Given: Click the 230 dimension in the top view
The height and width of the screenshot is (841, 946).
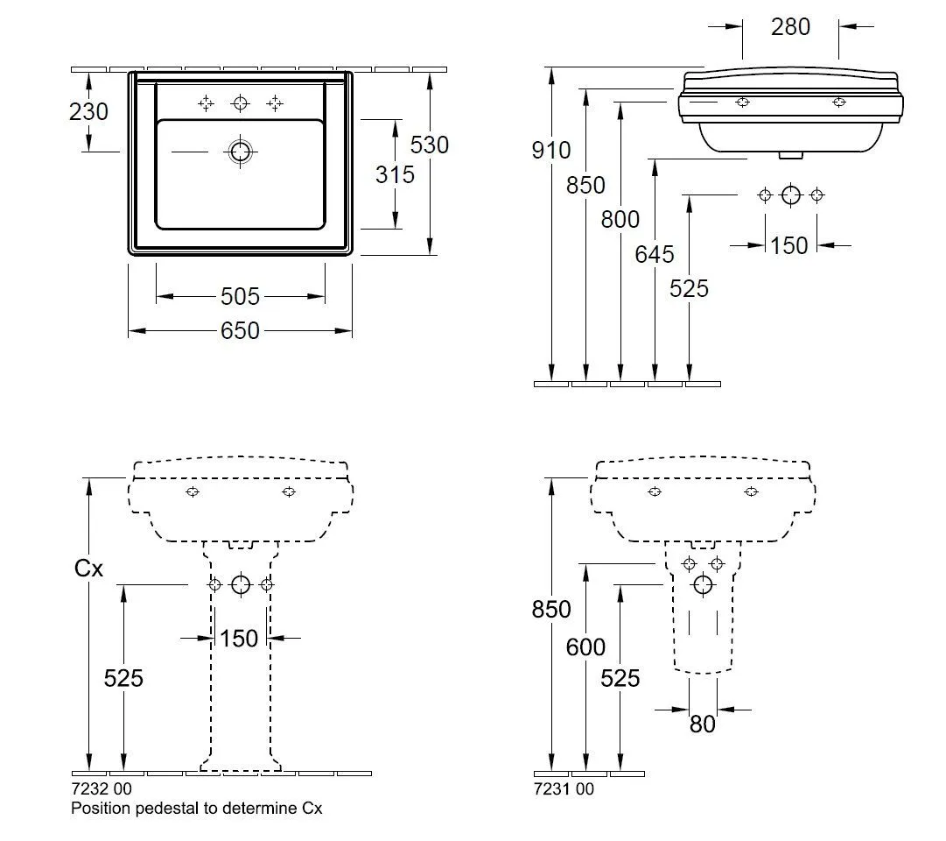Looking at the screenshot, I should pos(89,112).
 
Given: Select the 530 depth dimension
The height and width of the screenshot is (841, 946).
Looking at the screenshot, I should pos(430,145).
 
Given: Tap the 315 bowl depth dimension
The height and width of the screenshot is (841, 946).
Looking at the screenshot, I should pos(395,174).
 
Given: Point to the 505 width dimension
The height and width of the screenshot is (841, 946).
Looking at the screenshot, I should pos(241,297).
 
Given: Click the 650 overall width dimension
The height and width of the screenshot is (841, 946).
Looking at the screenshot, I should pos(241,331).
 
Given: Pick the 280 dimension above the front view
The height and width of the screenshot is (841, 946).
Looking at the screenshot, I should pos(790,27).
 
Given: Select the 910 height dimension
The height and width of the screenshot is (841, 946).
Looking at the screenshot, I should pos(551,151).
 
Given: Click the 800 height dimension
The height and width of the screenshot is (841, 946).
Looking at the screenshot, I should pos(620,219).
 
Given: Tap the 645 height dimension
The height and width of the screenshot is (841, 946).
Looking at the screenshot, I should pos(655,254).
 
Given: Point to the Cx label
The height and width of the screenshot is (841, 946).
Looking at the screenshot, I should pos(88,569).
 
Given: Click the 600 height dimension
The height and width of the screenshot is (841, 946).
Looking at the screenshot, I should pos(585,647).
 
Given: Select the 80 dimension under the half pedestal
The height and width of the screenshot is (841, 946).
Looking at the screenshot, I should pos(703,724).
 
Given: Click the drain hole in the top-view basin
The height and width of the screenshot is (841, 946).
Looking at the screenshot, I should pos(240,152).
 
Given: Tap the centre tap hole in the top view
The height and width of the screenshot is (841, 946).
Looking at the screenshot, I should pos(240,103).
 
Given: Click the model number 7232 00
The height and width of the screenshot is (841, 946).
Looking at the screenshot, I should pos(102,788).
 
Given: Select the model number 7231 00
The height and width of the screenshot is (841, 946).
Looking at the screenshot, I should pos(564,788).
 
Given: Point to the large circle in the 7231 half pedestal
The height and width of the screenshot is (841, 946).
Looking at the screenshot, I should pos(703,584).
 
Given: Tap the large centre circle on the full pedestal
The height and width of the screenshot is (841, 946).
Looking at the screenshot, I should pos(241,584).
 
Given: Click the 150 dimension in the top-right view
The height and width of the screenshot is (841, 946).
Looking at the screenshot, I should pos(789,246).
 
